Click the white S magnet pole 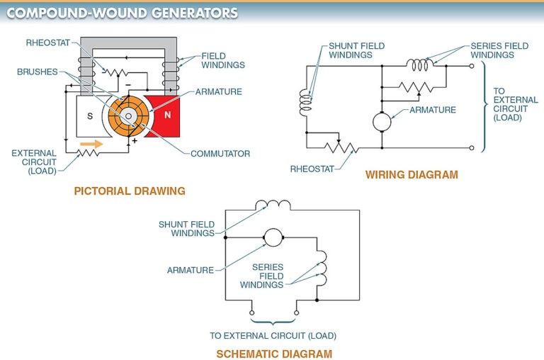(90, 117)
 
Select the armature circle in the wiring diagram (382, 121)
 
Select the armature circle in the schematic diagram (273, 238)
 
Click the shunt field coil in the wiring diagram (306, 102)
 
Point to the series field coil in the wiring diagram (421, 64)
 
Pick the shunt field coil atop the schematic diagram (273, 206)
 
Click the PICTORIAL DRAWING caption (130, 191)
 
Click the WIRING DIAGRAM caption (412, 174)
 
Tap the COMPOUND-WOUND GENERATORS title (122, 13)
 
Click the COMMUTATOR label (220, 153)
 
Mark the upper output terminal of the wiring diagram (472, 66)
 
